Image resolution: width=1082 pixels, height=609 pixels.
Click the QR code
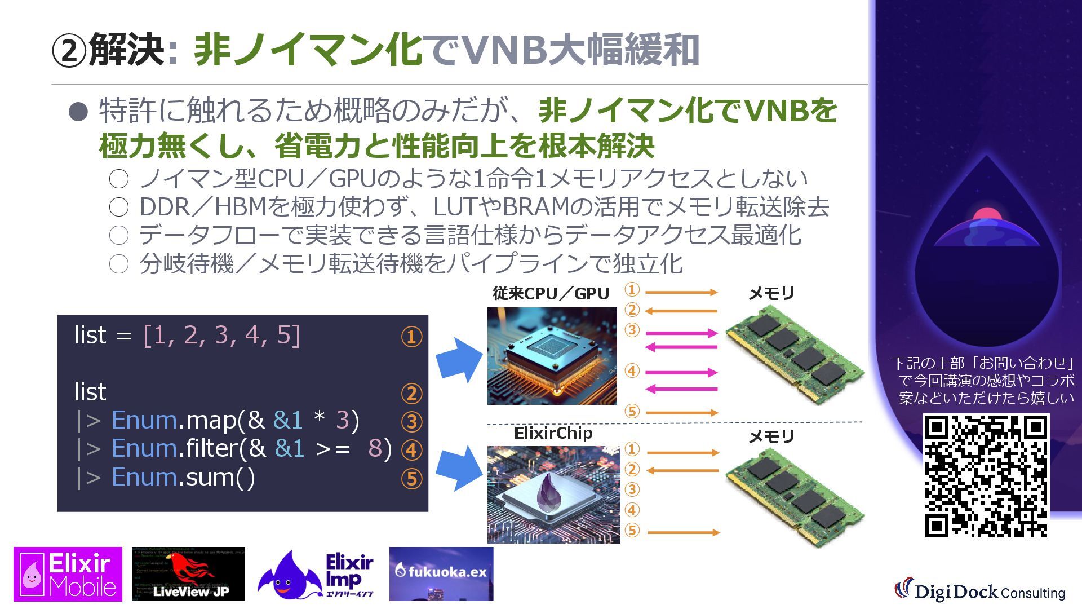point(986,475)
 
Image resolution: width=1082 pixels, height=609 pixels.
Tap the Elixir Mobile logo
point(68,574)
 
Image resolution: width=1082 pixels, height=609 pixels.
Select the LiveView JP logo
point(188,574)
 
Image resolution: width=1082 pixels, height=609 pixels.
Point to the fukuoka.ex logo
point(441,573)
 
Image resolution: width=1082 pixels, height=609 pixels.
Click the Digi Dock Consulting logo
point(979,590)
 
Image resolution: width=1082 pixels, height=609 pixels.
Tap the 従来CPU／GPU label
point(551,294)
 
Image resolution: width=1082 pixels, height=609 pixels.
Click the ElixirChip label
point(553,433)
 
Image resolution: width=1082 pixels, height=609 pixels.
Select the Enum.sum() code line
point(183,477)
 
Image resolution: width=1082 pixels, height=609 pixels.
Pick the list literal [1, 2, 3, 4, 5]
point(221,335)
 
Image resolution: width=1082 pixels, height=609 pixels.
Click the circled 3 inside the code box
point(411,422)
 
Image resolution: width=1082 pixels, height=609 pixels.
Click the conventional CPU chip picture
point(552,356)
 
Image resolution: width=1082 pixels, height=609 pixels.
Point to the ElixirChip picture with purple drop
point(553,494)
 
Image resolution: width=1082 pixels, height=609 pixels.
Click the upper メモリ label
point(771,294)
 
